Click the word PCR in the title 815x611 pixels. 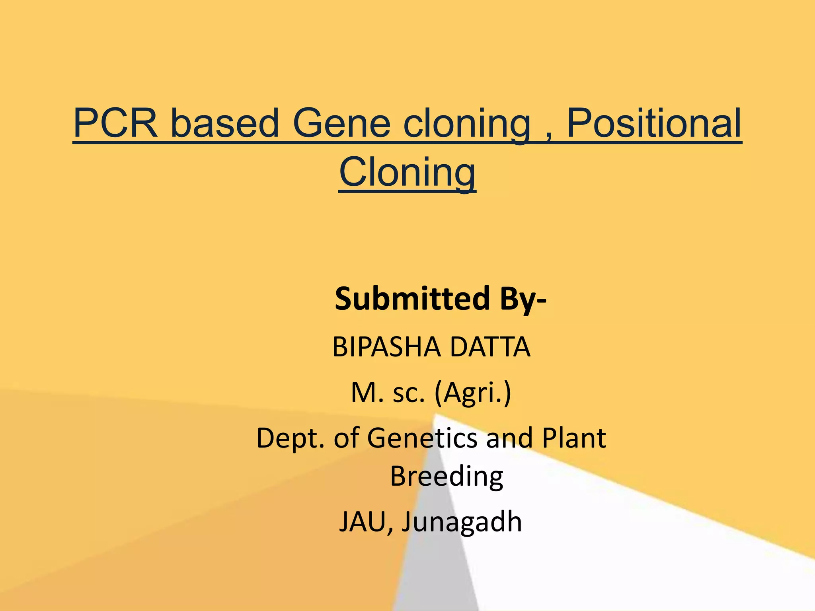coord(115,123)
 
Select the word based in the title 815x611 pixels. coord(225,123)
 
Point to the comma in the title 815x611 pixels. coord(549,135)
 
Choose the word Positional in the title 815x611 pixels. coord(653,123)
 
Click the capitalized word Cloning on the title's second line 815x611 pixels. coord(407,173)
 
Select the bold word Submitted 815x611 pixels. coord(412,299)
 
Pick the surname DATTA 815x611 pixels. coord(490,347)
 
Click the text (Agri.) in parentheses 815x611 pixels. coord(472,393)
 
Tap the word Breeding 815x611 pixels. coord(446,477)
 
